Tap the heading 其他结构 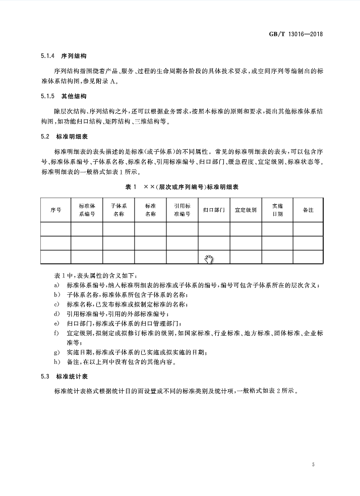[73, 96]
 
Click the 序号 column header [55, 210]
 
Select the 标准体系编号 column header [87, 210]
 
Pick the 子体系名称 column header [118, 210]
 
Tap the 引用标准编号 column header [182, 210]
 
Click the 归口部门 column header [214, 210]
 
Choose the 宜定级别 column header [246, 210]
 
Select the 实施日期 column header [277, 210]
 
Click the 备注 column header [308, 210]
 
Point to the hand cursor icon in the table [209, 259]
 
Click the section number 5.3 [45, 376]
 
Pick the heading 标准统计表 [70, 376]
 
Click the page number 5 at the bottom [313, 464]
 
